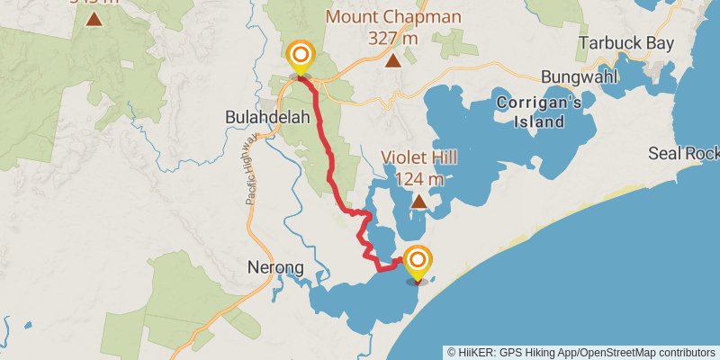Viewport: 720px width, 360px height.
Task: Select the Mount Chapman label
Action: coord(393,17)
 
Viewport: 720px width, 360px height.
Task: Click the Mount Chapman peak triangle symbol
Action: coord(393,60)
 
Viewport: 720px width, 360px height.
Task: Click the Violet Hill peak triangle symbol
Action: coord(418,202)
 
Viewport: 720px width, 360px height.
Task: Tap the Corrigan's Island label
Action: coord(539,112)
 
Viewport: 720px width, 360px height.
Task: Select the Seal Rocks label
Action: coord(684,154)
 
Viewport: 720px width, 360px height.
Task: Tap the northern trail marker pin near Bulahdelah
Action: coord(300,58)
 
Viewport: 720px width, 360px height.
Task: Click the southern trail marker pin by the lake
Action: coord(417,263)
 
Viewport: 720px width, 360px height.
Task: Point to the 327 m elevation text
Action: coord(393,38)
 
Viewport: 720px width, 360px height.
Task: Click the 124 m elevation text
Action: coord(418,178)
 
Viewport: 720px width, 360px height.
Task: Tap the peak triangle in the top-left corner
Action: coord(94,18)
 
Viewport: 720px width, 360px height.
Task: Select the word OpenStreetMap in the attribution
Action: coord(612,352)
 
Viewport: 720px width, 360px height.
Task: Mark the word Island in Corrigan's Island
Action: coord(539,122)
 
